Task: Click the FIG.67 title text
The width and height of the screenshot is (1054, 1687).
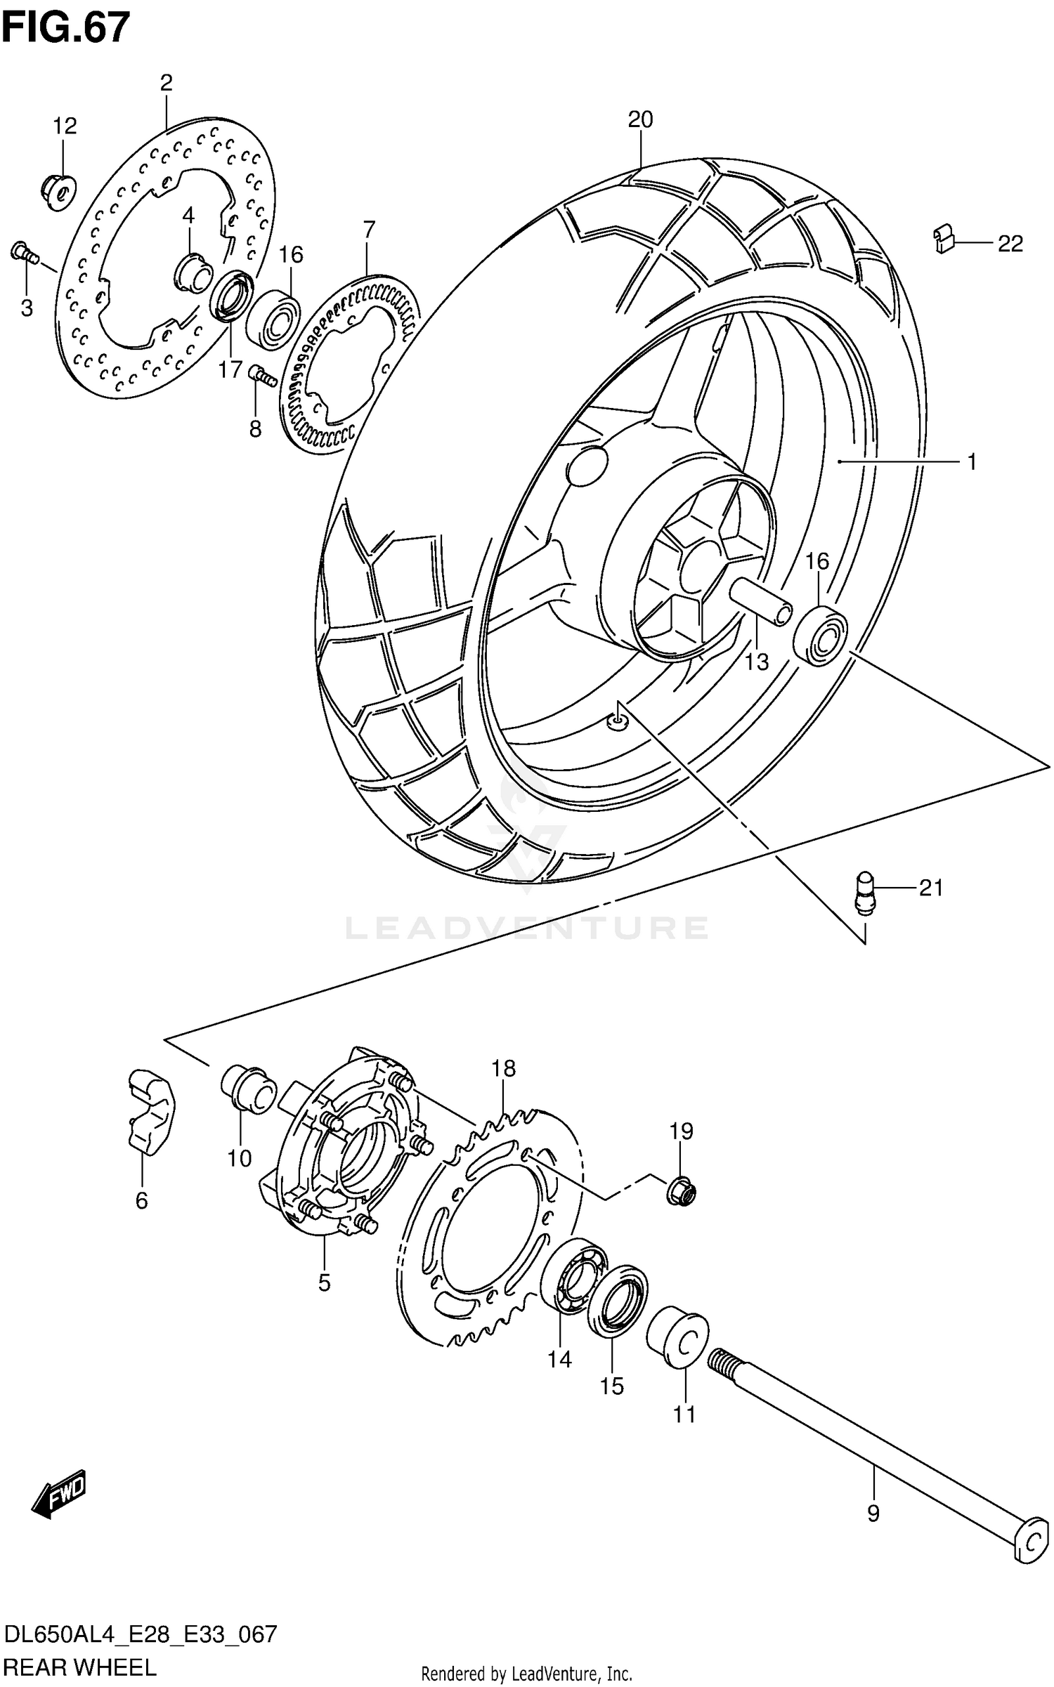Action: click(x=65, y=28)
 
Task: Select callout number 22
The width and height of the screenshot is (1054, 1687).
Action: click(x=1010, y=244)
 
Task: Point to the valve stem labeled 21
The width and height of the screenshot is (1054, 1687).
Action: click(x=865, y=893)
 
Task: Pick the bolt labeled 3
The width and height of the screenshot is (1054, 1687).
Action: click(x=23, y=253)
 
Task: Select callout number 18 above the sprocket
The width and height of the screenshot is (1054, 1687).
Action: click(x=503, y=1068)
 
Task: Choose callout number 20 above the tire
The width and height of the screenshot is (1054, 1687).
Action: click(x=640, y=120)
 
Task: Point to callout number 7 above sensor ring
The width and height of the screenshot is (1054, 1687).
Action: click(x=369, y=229)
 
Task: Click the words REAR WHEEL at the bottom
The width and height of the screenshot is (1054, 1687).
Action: click(x=80, y=1667)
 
